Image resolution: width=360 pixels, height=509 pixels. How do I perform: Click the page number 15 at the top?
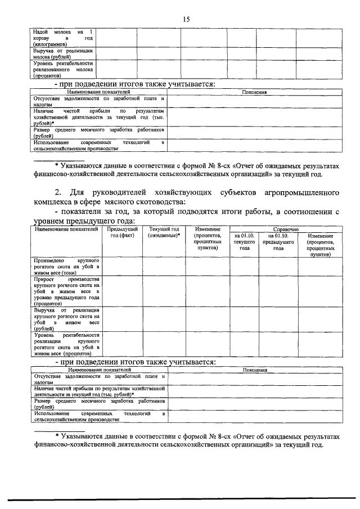pos(186,19)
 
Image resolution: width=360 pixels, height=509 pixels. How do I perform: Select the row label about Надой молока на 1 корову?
pos(62,37)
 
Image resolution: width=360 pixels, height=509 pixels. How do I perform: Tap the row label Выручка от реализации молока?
pos(62,54)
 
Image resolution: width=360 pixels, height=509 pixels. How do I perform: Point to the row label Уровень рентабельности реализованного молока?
pos(62,69)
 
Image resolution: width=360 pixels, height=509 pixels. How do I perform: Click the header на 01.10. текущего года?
pos(244,242)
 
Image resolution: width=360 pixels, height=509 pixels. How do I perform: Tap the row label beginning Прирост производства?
pos(67,291)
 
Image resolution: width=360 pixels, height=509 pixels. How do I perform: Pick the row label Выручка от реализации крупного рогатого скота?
pos(67,319)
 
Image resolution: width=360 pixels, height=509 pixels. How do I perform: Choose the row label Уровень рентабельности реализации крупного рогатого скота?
pos(67,345)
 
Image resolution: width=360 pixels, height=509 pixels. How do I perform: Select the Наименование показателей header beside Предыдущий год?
pos(67,229)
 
